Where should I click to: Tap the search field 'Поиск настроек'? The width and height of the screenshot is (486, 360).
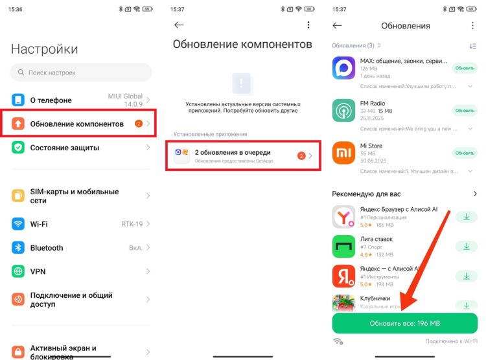81,73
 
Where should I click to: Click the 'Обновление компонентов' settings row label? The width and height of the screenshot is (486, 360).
76,124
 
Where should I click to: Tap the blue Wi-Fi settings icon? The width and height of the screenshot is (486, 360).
18,224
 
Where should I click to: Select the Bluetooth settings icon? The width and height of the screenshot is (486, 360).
18,248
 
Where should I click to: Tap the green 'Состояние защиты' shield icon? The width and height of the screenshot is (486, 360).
18,148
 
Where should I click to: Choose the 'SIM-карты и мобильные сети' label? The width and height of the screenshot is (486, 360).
74,196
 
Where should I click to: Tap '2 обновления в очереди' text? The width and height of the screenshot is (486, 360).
233,152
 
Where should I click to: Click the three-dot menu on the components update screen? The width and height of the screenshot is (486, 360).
308,25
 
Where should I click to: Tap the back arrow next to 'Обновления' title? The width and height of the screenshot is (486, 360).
337,25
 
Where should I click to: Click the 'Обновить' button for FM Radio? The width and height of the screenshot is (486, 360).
465,111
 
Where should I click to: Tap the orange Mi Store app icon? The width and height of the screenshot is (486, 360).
343,153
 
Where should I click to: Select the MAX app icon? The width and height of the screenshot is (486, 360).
343,68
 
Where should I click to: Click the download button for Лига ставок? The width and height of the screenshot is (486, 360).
465,246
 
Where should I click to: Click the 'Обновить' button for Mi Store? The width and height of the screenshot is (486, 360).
465,153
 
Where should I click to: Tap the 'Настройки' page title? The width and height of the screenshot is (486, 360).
44,49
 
